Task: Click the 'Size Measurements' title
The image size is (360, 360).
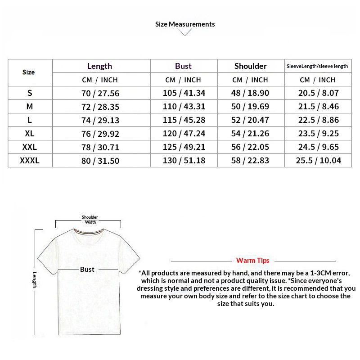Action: tap(185, 24)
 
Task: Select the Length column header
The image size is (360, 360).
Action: tap(99, 66)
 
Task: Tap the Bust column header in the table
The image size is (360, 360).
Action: tap(183, 66)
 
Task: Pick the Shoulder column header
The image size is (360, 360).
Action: tap(250, 66)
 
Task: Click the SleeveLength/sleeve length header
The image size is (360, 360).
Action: tap(317, 66)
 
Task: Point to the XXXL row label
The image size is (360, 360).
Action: tap(30, 161)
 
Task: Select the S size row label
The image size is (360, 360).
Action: tap(30, 93)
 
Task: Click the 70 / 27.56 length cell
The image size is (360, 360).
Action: tap(100, 94)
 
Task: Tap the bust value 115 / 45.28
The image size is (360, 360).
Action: tap(184, 121)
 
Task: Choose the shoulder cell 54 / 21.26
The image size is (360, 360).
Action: tap(251, 134)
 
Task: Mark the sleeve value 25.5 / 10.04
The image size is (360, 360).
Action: tap(318, 161)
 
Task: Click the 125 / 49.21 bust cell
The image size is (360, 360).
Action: tap(184, 148)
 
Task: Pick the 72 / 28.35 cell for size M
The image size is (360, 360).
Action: tap(100, 107)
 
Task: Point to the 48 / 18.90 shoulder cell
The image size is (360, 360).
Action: tap(251, 94)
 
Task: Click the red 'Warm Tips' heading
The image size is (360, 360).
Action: tap(252, 261)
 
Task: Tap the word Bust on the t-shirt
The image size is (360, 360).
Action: tap(87, 269)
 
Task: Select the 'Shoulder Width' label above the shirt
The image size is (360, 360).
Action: tap(90, 220)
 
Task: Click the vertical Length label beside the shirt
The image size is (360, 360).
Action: tap(34, 279)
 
